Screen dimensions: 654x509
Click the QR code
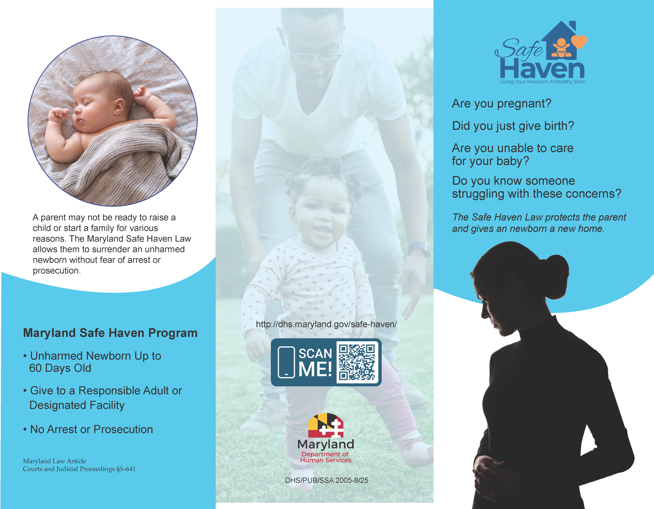pos(357,362)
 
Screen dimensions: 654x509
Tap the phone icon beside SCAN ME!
pos(286,362)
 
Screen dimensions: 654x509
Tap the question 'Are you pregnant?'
pos(501,104)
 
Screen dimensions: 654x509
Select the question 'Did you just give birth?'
pos(513,126)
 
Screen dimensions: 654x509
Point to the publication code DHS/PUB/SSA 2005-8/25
pos(326,480)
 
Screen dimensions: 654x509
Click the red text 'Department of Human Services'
pos(326,457)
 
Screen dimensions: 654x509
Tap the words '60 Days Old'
pos(60,368)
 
